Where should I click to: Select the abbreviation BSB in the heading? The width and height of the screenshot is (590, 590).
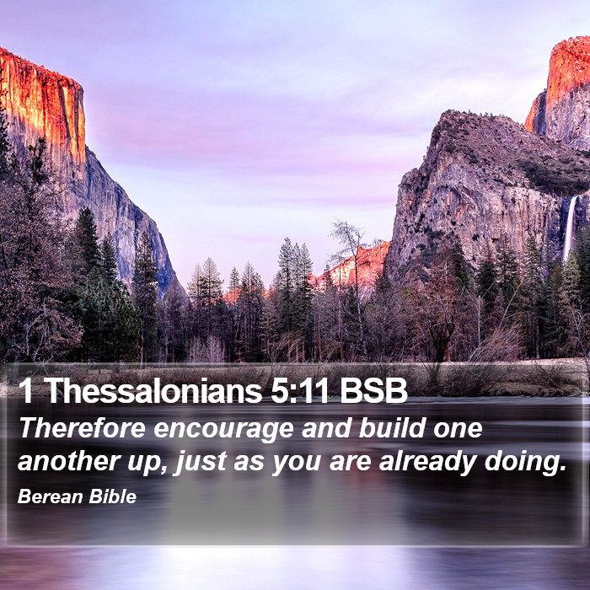[x=373, y=390]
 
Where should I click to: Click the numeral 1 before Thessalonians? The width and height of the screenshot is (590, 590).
[x=25, y=390]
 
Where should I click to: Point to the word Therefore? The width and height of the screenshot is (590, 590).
[x=83, y=428]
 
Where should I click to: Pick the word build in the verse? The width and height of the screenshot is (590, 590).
[x=392, y=428]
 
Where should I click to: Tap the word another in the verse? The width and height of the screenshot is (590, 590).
[x=69, y=461]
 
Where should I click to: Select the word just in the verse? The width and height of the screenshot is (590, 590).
[x=201, y=463]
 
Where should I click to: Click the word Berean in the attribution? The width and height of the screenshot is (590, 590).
[x=51, y=496]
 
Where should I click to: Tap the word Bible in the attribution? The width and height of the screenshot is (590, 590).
[x=112, y=496]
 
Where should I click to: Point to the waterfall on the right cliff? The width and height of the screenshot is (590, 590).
[x=570, y=228]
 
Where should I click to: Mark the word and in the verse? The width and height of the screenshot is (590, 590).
[x=326, y=428]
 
